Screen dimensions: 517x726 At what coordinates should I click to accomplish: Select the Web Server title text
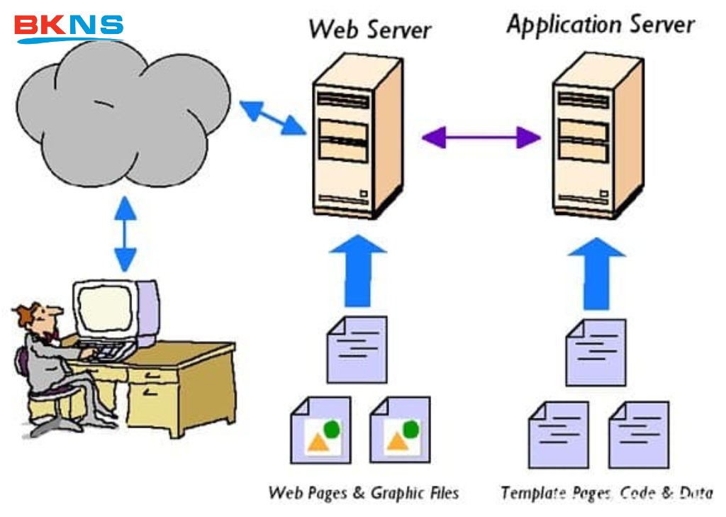point(369,29)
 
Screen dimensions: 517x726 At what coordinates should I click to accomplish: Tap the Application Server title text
point(600,26)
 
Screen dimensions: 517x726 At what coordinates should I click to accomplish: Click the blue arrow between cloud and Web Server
point(272,117)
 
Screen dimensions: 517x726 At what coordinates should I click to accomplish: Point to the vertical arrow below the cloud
point(125,234)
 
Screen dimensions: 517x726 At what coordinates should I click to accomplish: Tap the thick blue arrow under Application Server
point(597,272)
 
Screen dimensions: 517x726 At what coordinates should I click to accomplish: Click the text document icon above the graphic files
point(357,348)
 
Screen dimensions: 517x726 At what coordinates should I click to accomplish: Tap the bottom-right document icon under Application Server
point(638,434)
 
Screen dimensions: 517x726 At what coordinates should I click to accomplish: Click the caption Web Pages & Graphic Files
point(364,493)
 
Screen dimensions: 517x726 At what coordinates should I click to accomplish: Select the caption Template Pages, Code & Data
point(606,493)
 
